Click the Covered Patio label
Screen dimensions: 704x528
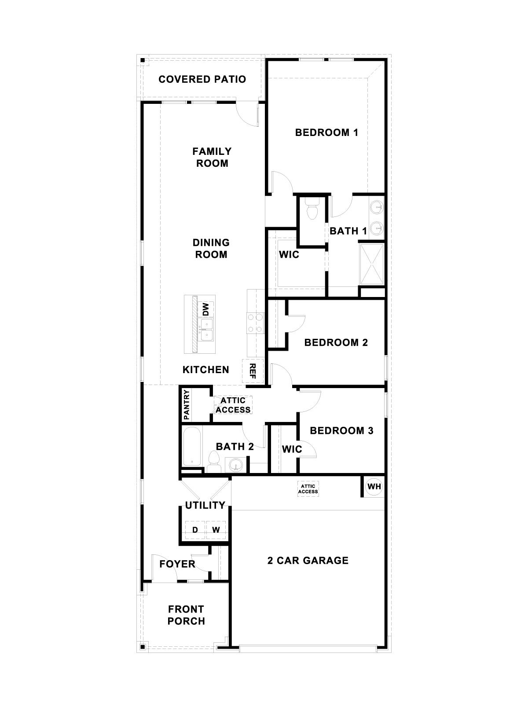coord(202,79)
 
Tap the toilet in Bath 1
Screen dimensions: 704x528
coord(312,210)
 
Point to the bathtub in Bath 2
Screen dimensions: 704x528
coord(192,446)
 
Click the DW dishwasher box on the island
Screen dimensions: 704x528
coord(205,309)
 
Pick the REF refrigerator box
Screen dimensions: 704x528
coord(253,370)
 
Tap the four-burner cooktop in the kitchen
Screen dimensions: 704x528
coord(255,322)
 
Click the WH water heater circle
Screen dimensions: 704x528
coord(374,487)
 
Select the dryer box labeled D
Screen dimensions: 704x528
coord(195,530)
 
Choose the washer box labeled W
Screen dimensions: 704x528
coord(216,530)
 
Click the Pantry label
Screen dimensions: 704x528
coord(187,404)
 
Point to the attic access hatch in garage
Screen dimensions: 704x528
coord(308,489)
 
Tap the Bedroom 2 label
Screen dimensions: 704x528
coord(336,342)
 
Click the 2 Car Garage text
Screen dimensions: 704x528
coord(308,560)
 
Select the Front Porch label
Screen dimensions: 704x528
coord(187,615)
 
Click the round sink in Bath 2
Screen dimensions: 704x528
coord(236,465)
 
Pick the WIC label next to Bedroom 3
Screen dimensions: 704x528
coord(292,449)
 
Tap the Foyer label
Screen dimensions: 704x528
coord(177,564)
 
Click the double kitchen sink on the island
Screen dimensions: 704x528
coord(205,330)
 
